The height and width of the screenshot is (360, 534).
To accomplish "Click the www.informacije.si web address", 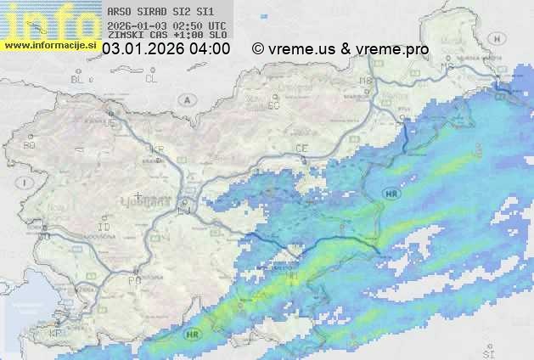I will tap(50, 44).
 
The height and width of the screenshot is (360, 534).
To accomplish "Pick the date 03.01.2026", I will tap(141, 49).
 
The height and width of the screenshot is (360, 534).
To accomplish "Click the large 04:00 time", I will tap(209, 49).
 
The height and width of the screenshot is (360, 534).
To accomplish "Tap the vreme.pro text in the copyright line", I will tap(392, 49).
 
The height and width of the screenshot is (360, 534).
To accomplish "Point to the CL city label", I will tap(151, 78).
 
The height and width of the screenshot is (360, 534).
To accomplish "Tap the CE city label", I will tap(301, 149).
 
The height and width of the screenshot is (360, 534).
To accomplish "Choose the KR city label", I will tap(157, 149).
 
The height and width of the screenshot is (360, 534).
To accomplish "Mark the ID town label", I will tap(104, 228).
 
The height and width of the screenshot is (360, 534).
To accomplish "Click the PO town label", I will tap(134, 279).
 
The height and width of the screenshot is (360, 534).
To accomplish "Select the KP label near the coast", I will tap(57, 334).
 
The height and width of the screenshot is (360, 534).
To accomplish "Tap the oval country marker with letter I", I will tap(27, 183).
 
